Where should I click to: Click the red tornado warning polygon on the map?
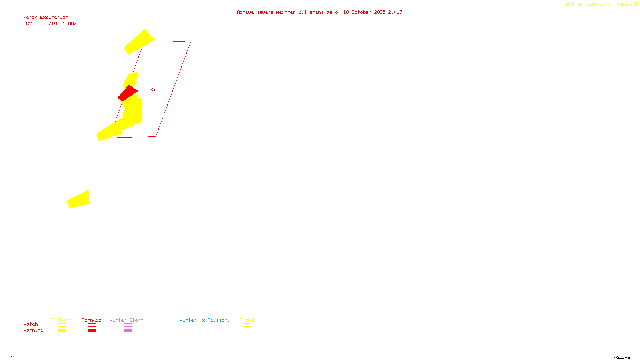pyautogui.click(x=127, y=93)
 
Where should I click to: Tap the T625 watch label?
pyautogui.click(x=149, y=90)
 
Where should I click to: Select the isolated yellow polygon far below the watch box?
pyautogui.click(x=79, y=199)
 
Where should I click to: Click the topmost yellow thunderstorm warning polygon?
pyautogui.click(x=139, y=42)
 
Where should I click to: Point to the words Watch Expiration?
pyautogui.click(x=46, y=18)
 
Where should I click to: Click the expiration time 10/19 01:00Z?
pyautogui.click(x=60, y=24)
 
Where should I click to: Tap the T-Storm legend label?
pyautogui.click(x=62, y=320)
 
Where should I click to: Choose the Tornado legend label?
pyautogui.click(x=92, y=320)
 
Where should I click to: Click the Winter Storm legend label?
pyautogui.click(x=126, y=320)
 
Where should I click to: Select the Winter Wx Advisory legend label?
pyautogui.click(x=205, y=320)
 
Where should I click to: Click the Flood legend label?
pyautogui.click(x=247, y=320)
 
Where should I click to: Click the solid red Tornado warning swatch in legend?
pyautogui.click(x=92, y=331)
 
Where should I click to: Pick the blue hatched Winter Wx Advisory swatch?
pyautogui.click(x=204, y=331)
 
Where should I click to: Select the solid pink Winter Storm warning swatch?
pyautogui.click(x=128, y=331)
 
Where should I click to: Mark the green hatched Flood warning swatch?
pyautogui.click(x=247, y=331)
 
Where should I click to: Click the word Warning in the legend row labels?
pyautogui.click(x=33, y=330)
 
